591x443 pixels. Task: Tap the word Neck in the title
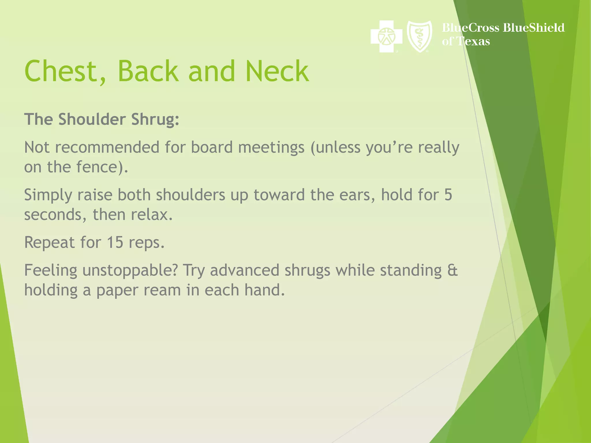tap(277, 71)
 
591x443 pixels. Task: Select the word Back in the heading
tap(148, 71)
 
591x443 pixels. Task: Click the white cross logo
tap(386, 36)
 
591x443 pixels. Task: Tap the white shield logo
tap(419, 36)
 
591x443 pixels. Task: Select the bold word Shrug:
tap(155, 119)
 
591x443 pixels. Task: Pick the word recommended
tap(107, 147)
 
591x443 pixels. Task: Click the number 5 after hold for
tap(448, 195)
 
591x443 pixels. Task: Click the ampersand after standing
tap(452, 271)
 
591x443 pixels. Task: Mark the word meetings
tap(271, 148)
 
